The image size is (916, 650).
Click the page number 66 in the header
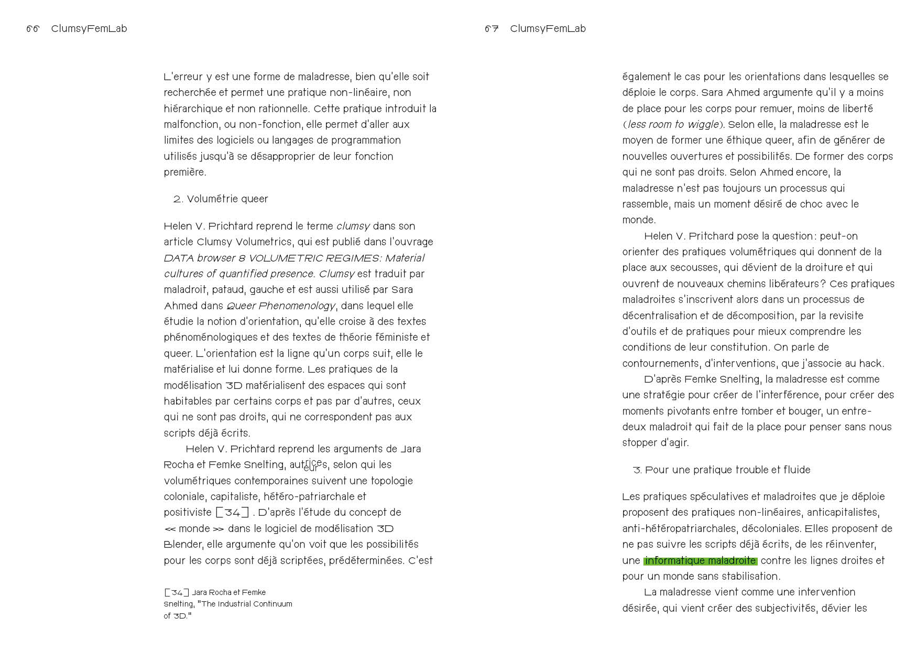point(32,29)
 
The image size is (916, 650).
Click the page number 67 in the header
point(492,29)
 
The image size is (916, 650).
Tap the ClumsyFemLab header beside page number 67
point(548,29)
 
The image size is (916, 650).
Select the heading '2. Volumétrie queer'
point(221,199)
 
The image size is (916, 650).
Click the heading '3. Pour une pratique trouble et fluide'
point(722,470)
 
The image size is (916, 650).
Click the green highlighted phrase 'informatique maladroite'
point(700,560)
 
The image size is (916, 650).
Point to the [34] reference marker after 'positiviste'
point(232,512)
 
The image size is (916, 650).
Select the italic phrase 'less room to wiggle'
point(673,124)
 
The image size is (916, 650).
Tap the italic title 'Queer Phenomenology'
point(280,306)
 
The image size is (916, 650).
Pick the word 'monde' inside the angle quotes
point(194,528)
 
